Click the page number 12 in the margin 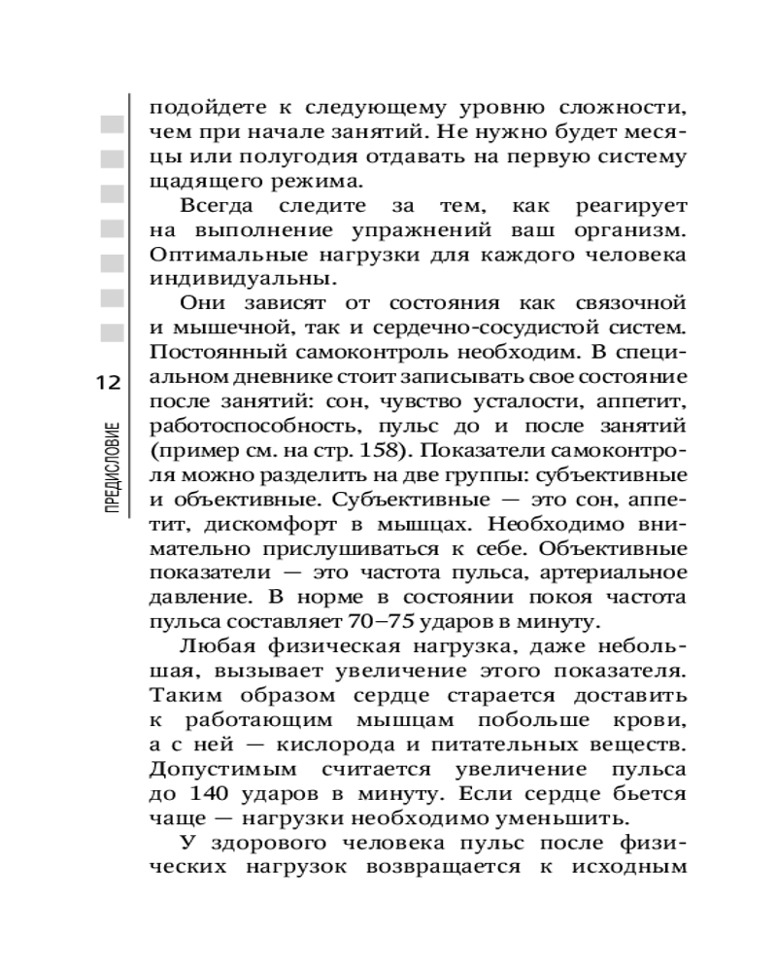(x=108, y=383)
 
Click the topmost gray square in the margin (x=112, y=124)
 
